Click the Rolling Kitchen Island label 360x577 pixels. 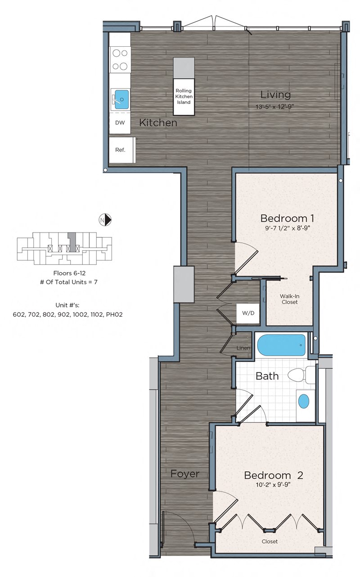tap(184, 96)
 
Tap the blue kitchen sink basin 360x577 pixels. tap(121, 99)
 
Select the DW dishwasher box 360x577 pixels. tap(120, 123)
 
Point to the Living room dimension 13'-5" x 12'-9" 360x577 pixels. tap(274, 107)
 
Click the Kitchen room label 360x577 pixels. tap(158, 123)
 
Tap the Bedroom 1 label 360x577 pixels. tap(287, 219)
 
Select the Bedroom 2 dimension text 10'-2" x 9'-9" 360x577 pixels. tap(273, 484)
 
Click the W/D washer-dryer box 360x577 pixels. tap(248, 313)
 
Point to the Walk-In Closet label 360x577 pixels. tap(290, 299)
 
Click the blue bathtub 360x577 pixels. tap(281, 345)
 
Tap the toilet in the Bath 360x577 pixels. tap(301, 374)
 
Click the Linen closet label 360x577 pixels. tap(243, 348)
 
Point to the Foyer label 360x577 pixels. tap(185, 474)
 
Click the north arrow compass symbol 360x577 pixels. tap(105, 220)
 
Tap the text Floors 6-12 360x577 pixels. tap(69, 273)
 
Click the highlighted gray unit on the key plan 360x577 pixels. tap(72, 242)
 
